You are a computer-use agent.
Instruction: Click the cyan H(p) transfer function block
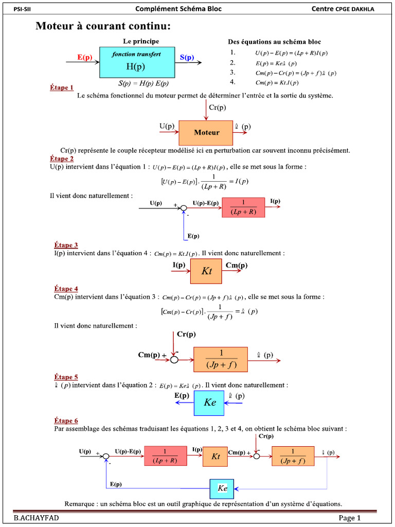136,62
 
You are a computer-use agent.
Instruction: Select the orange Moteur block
206,133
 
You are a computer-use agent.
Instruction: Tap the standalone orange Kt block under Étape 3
206,271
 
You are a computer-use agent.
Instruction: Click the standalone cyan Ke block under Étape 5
209,403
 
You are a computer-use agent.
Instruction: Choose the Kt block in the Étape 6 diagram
215,456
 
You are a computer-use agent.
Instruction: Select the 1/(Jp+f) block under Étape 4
221,359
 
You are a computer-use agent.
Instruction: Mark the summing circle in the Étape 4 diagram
174,359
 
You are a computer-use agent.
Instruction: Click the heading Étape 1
62,88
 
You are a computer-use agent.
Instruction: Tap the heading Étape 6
66,421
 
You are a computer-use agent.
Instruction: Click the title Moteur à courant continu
103,26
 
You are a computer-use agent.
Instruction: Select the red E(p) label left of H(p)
85,58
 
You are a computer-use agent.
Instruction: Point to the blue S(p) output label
187,58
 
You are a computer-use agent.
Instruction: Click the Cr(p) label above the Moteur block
218,108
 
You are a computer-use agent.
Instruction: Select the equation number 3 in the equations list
232,72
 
